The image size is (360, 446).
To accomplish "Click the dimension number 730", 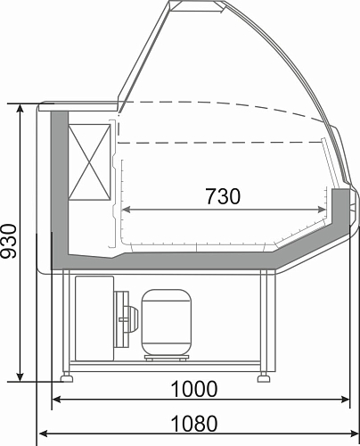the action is click(223, 196).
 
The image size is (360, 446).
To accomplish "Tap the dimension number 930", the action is click(9, 241).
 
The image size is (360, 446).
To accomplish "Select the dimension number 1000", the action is click(194, 389).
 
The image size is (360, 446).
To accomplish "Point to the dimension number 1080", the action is click(194, 424).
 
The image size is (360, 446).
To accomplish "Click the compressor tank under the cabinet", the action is click(167, 322).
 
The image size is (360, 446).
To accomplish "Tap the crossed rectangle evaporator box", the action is click(89, 162).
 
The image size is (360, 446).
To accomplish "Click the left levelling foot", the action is click(67, 378).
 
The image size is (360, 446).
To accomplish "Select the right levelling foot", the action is click(264, 378).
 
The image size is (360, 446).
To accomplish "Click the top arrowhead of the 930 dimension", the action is click(20, 109).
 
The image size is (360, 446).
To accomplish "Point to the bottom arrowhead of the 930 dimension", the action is click(20, 376).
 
